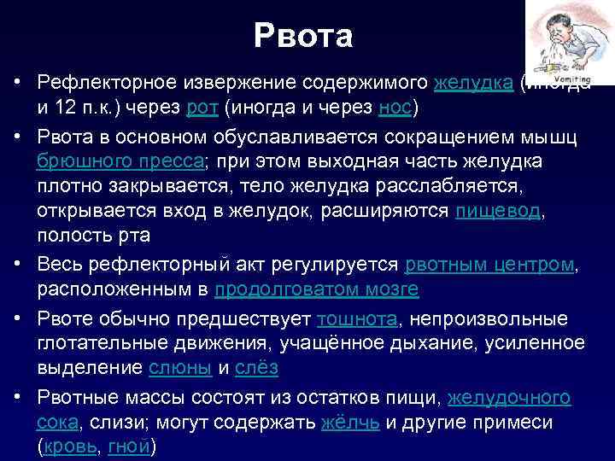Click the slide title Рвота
303,37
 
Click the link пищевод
496,212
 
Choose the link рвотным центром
489,265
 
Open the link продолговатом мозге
316,289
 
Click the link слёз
255,367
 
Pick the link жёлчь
350,423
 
